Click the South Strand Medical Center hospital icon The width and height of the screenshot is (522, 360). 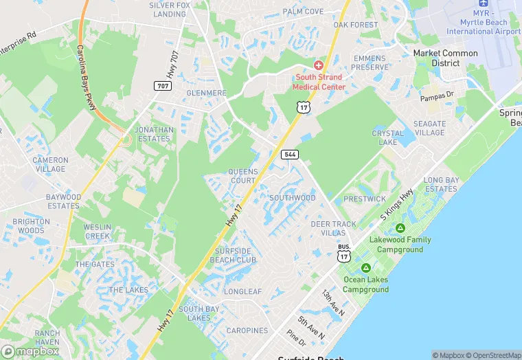318,65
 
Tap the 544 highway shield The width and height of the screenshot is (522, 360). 290,155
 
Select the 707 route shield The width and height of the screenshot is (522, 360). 162,85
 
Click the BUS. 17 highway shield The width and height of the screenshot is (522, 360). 343,252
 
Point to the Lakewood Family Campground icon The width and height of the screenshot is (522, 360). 400,228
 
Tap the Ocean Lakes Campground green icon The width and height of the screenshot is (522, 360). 366,267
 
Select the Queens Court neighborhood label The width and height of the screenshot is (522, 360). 242,176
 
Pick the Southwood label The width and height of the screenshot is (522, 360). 292,198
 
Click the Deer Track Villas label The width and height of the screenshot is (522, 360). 333,228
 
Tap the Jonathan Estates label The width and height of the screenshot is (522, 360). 154,134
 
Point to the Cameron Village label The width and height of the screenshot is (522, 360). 50,164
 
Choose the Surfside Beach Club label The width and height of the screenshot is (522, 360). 233,256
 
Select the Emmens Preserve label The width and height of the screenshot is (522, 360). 369,63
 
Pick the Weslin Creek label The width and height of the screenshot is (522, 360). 97,232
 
